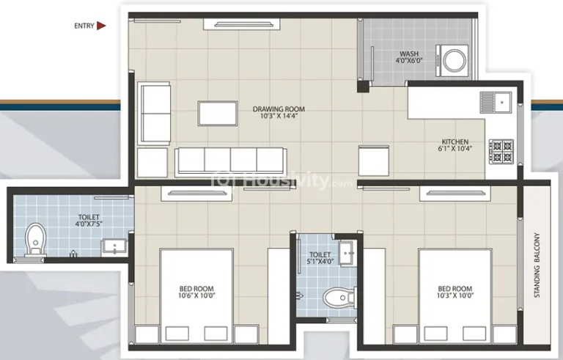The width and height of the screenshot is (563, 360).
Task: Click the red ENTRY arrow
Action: pos(102,26)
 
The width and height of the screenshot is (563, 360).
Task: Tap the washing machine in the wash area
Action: pos(452,60)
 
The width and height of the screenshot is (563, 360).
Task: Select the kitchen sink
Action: pos(496,103)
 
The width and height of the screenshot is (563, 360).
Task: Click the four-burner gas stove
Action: pos(501,152)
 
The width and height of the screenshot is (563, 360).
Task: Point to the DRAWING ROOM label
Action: pos(279,109)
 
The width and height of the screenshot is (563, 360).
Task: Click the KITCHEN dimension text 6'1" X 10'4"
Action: pos(455,148)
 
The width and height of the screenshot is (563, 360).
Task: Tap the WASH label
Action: pos(409,54)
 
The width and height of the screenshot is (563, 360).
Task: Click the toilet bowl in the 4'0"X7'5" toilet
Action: pos(35,240)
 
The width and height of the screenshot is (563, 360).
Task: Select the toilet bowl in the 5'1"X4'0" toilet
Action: pos(339,298)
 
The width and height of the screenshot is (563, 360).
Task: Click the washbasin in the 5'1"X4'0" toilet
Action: pos(348,253)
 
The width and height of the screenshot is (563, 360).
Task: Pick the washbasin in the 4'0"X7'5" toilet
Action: pos(114,247)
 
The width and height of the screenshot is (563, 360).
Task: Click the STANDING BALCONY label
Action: pos(537,265)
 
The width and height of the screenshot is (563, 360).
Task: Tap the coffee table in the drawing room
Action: pos(218,114)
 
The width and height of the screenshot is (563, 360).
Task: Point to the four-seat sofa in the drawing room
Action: pos(231,162)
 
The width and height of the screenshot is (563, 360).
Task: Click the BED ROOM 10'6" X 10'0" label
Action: pos(196,292)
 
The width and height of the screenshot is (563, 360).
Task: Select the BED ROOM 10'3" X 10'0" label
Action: pos(455,292)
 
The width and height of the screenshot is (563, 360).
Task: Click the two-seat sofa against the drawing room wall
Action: pos(155,114)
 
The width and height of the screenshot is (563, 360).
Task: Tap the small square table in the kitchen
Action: pos(373,161)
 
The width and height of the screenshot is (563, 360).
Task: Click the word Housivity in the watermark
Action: pos(285,180)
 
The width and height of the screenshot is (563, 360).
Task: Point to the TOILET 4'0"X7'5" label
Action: pos(89,220)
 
